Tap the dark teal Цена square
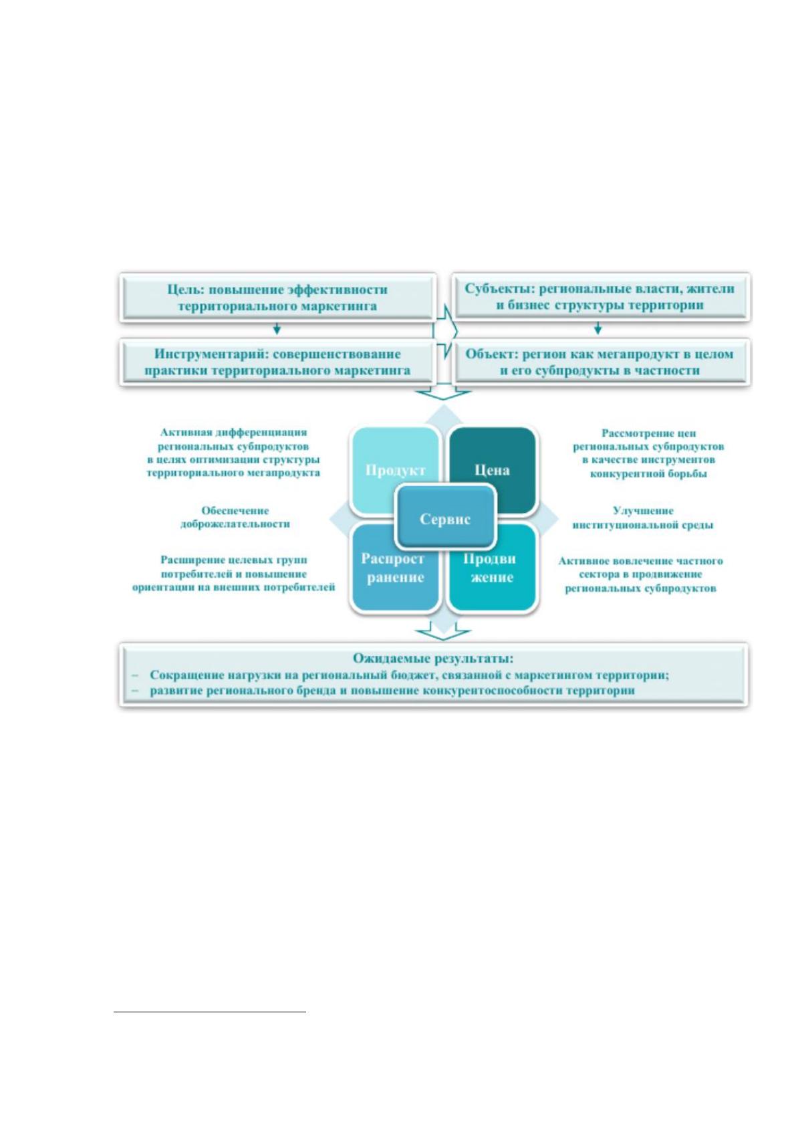pos(492,471)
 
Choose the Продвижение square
pos(492,568)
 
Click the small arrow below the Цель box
pos(277,329)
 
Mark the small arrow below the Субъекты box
pos(598,329)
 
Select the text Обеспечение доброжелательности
pos(235,518)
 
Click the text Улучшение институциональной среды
pos(643,518)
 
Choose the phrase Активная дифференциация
pos(234,433)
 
